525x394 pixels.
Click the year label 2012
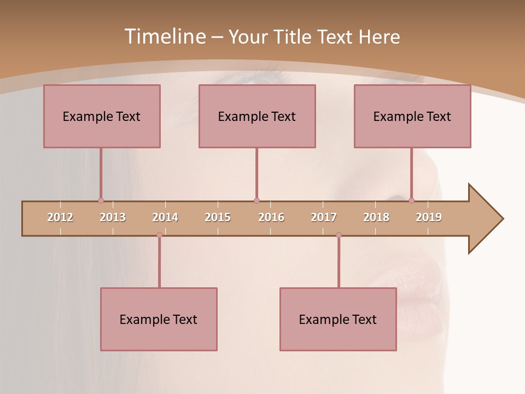pyautogui.click(x=60, y=217)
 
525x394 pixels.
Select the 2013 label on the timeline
pyautogui.click(x=113, y=217)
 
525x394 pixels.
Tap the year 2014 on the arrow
pyautogui.click(x=165, y=217)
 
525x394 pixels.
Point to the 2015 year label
pyautogui.click(x=218, y=217)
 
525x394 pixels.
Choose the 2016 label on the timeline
pyautogui.click(x=271, y=217)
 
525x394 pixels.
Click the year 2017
pyautogui.click(x=324, y=217)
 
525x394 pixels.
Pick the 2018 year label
pyautogui.click(x=376, y=217)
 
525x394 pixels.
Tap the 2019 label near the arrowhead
pyautogui.click(x=429, y=217)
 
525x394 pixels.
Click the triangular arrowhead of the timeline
pyautogui.click(x=484, y=219)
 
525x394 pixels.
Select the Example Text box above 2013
pyautogui.click(x=102, y=116)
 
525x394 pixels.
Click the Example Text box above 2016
pyautogui.click(x=257, y=116)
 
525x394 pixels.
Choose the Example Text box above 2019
pyautogui.click(x=412, y=116)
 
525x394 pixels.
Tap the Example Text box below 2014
pyautogui.click(x=159, y=319)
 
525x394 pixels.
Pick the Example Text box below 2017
pyautogui.click(x=338, y=319)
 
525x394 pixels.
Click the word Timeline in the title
pyautogui.click(x=165, y=37)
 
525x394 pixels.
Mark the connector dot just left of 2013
pyautogui.click(x=101, y=200)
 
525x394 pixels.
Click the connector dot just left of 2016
pyautogui.click(x=256, y=200)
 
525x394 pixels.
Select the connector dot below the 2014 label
pyautogui.click(x=159, y=235)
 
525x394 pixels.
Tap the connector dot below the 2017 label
pyautogui.click(x=339, y=235)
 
